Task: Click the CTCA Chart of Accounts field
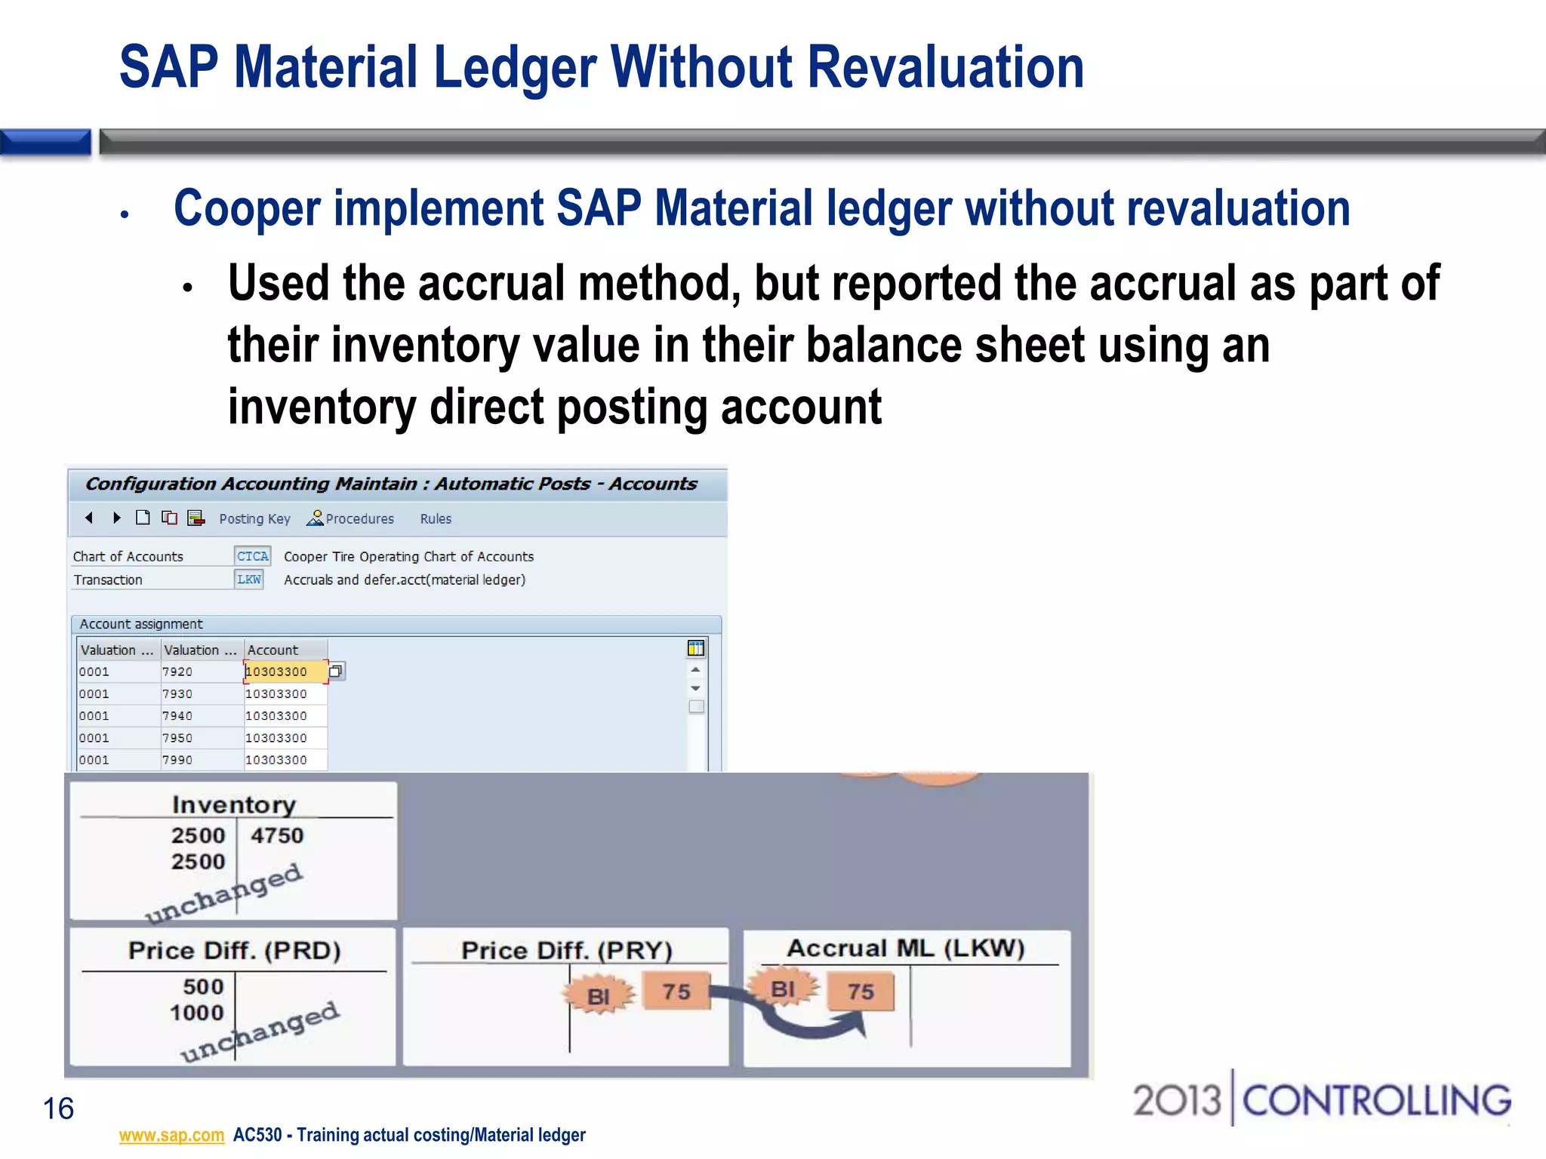point(252,556)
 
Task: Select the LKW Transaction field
point(249,579)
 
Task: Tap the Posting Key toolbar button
point(254,519)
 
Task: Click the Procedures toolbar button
point(351,519)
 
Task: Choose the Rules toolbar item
point(436,519)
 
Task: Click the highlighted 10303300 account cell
point(285,672)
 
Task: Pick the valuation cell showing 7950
point(178,738)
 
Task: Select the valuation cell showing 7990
point(178,760)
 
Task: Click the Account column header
point(273,650)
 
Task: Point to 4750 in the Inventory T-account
point(277,835)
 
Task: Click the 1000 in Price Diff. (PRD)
point(197,1013)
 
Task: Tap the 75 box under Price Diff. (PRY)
point(676,991)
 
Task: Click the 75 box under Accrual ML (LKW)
point(860,991)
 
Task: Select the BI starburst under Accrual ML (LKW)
point(783,988)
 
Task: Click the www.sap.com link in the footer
point(171,1135)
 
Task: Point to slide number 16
point(58,1108)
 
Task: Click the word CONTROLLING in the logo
point(1376,1101)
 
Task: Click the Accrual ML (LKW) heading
point(906,948)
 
